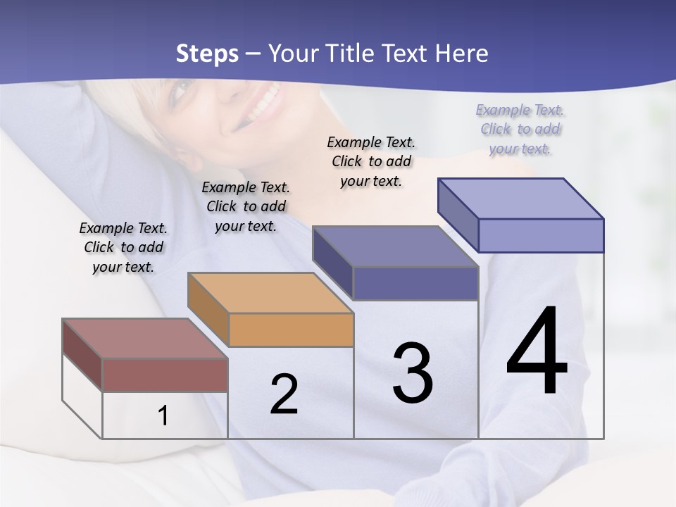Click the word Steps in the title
click(x=207, y=54)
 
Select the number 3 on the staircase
click(x=413, y=373)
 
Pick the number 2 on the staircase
click(x=284, y=394)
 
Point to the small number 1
click(x=163, y=416)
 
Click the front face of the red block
click(x=165, y=375)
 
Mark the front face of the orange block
click(x=291, y=329)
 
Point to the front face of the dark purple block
click(x=416, y=283)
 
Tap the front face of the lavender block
click(x=541, y=235)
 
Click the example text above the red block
click(x=123, y=248)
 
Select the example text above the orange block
click(x=246, y=206)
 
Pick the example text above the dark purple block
click(x=371, y=161)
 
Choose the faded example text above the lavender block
click(x=520, y=129)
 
